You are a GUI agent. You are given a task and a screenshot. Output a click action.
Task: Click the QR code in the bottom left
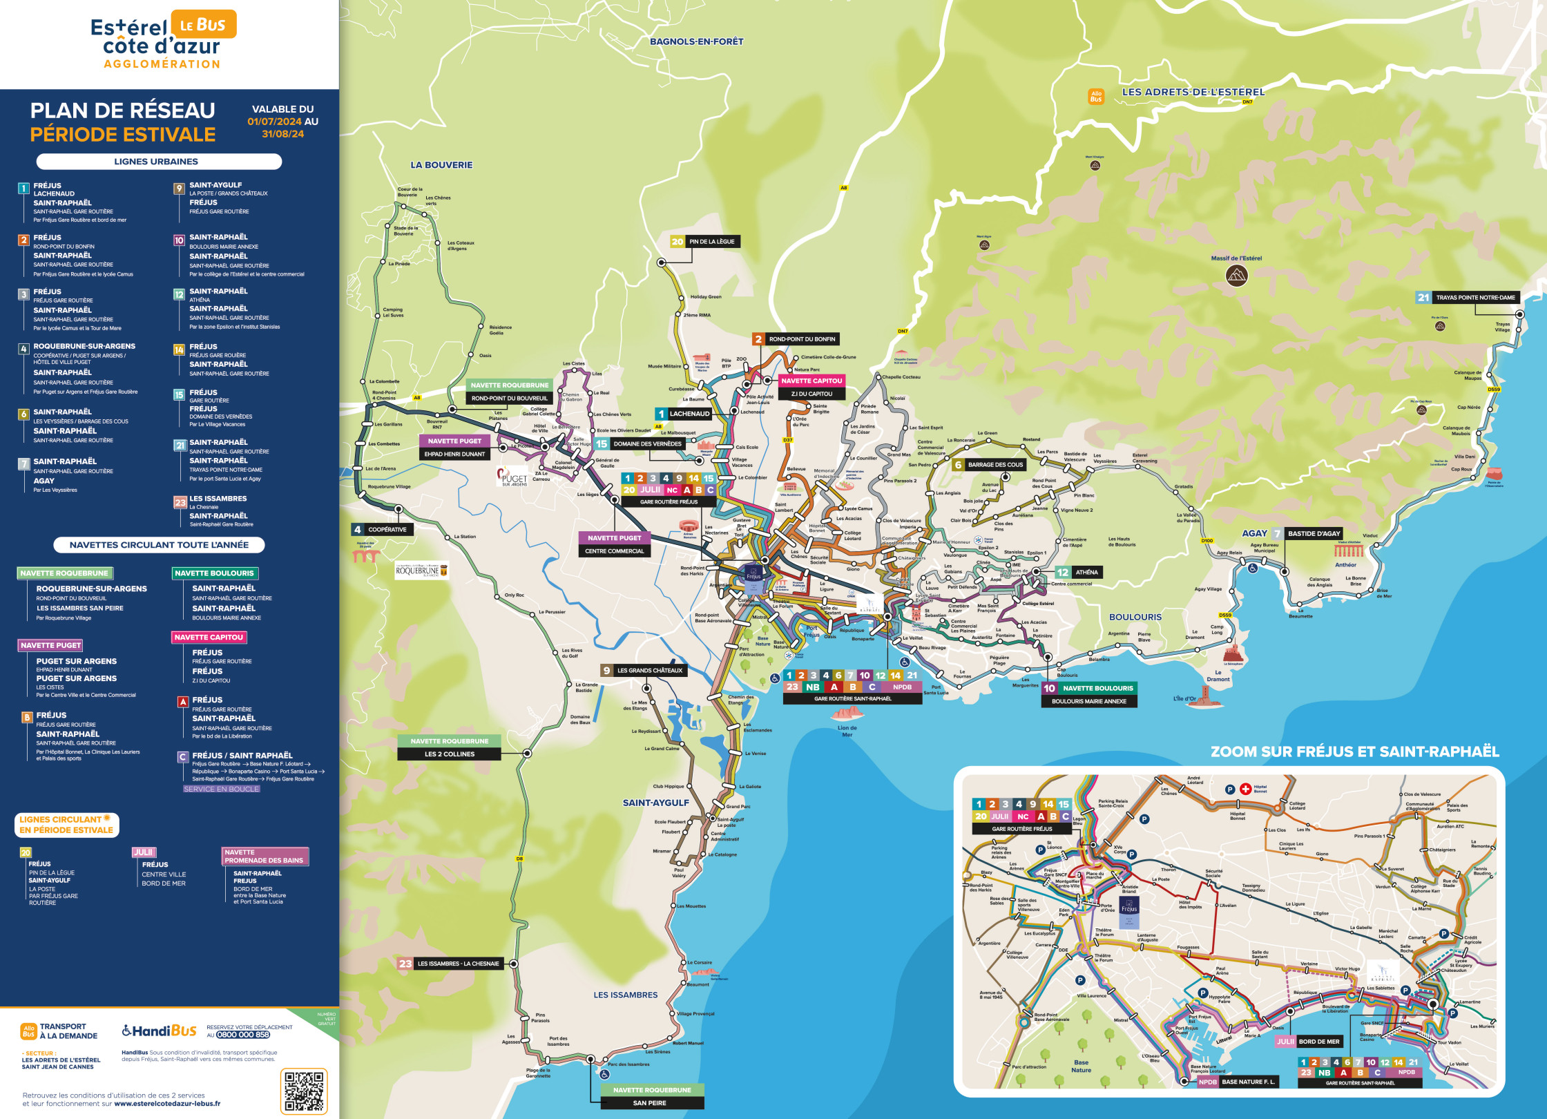[304, 1091]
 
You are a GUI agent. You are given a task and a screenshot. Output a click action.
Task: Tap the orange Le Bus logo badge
[203, 25]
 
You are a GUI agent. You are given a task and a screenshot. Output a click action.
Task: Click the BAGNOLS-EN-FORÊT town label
[696, 41]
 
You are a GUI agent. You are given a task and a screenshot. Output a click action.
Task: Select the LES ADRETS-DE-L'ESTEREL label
[1193, 92]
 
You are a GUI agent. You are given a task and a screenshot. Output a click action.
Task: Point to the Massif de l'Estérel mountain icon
[1236, 276]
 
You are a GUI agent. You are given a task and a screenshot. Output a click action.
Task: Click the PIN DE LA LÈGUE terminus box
[711, 242]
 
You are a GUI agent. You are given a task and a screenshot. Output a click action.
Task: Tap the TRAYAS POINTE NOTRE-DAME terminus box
[1475, 298]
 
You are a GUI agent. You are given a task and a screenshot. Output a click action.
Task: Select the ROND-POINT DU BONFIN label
[802, 339]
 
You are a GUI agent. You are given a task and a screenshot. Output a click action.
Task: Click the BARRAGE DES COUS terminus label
[995, 465]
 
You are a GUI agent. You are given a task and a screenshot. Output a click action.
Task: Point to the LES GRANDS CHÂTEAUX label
[649, 671]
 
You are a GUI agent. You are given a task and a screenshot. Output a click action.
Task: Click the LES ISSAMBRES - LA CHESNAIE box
[457, 964]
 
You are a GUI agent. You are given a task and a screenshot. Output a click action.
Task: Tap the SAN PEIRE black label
[649, 1103]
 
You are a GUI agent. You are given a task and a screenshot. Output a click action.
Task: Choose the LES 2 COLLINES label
[450, 754]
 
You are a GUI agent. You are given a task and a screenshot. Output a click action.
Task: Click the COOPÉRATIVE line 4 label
[387, 530]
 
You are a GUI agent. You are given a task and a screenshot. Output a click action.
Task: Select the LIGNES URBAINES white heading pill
[159, 162]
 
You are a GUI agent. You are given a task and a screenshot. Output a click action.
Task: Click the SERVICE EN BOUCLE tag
[221, 789]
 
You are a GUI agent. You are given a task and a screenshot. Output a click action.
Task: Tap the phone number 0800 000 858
[243, 1035]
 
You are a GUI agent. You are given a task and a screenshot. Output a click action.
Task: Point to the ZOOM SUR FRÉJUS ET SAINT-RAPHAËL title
[1355, 752]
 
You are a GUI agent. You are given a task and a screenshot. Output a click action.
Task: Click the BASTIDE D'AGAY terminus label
[1314, 533]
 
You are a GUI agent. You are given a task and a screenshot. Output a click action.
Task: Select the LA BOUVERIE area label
[441, 165]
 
